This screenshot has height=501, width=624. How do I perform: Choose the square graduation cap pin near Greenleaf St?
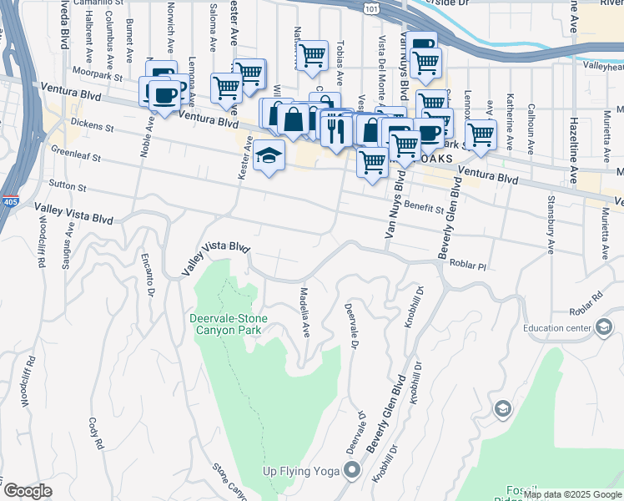[269, 155]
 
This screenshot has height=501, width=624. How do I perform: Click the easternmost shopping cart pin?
[481, 133]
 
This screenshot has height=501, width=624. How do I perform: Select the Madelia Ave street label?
[305, 313]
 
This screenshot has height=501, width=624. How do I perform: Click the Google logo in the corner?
[28, 491]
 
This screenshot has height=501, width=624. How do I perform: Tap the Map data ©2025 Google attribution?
[572, 494]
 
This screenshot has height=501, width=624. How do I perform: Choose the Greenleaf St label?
[75, 156]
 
